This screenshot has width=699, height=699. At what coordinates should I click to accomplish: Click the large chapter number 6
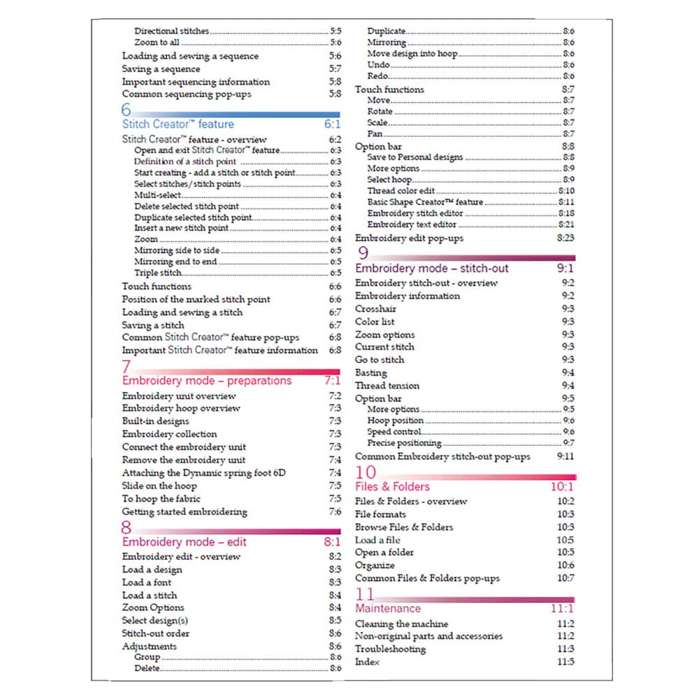[x=127, y=110]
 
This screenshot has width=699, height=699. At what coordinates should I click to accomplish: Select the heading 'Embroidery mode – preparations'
[x=206, y=381]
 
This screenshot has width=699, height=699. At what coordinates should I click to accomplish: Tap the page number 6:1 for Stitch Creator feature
[x=331, y=124]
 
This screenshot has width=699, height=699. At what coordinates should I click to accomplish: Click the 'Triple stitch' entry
[x=158, y=273]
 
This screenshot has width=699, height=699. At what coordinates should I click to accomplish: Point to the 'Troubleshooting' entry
[x=390, y=649]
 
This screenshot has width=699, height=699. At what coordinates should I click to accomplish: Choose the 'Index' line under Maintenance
[x=368, y=662]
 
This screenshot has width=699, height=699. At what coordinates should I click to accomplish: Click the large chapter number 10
[x=366, y=473]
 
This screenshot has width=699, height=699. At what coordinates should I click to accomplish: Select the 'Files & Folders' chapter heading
[x=392, y=487]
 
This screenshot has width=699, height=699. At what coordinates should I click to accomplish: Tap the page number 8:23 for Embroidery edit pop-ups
[x=565, y=238]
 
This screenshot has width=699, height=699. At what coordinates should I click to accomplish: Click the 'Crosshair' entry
[x=376, y=309]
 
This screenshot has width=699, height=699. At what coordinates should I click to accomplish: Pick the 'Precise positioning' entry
[x=404, y=443]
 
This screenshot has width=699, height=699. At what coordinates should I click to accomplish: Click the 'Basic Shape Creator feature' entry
[x=425, y=202]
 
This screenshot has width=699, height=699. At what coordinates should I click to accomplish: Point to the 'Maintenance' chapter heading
[x=388, y=609]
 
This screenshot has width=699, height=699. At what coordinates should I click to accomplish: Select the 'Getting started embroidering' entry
[x=185, y=512]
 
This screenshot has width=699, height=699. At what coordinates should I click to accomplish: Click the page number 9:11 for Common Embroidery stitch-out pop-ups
[x=565, y=456]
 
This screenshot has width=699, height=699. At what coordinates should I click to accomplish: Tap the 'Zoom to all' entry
[x=157, y=43]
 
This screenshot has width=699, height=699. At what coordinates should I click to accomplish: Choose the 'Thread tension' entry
[x=387, y=386]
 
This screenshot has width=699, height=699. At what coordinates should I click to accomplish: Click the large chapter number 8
[x=127, y=528]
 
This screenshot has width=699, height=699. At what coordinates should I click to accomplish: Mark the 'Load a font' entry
[x=146, y=582]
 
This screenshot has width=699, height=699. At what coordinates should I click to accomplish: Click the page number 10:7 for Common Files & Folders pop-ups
[x=565, y=578]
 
